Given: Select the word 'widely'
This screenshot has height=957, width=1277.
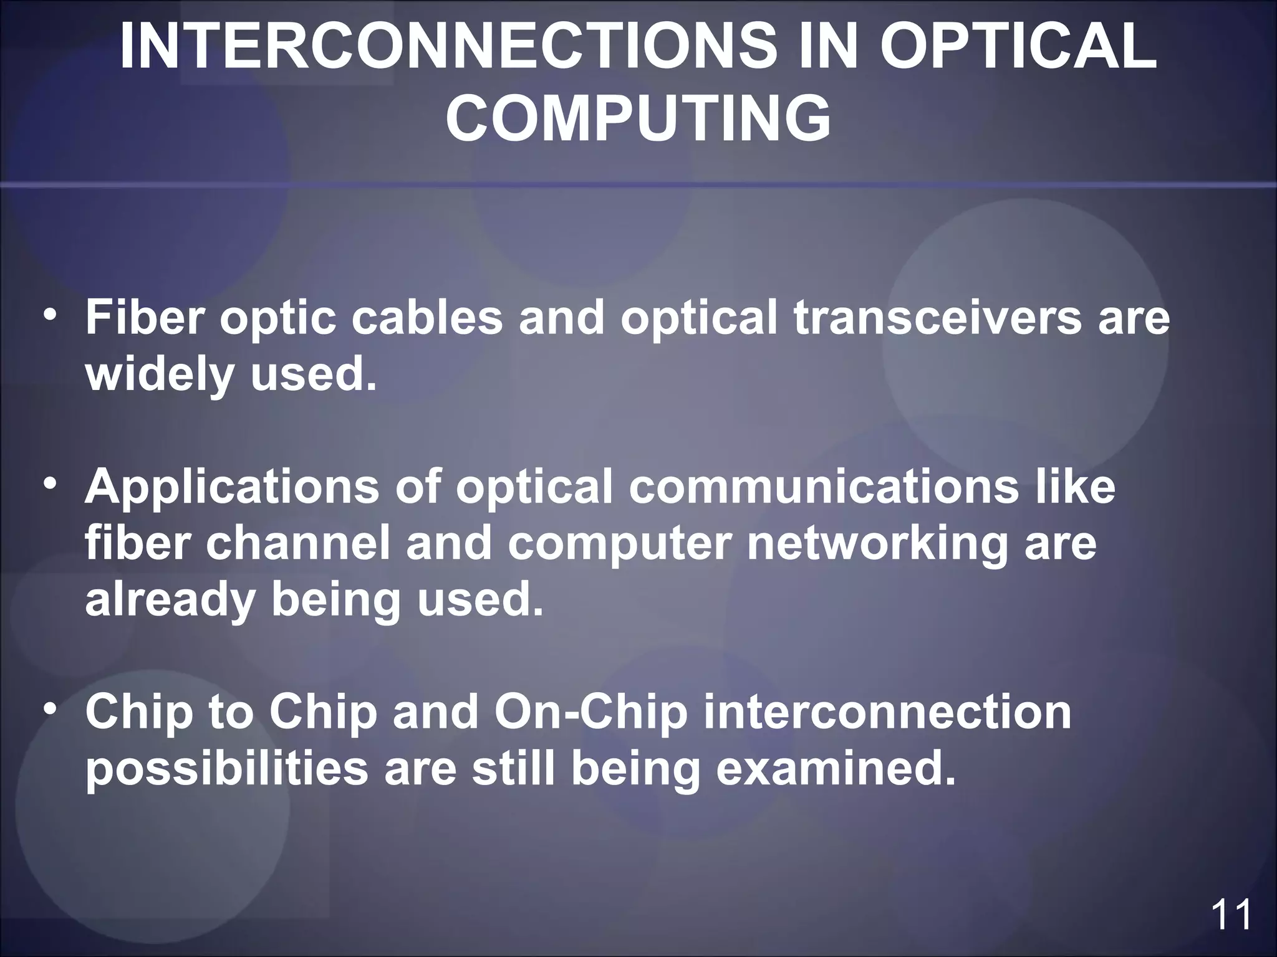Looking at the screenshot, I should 160,376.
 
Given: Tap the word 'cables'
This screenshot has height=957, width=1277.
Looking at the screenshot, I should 426,318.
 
